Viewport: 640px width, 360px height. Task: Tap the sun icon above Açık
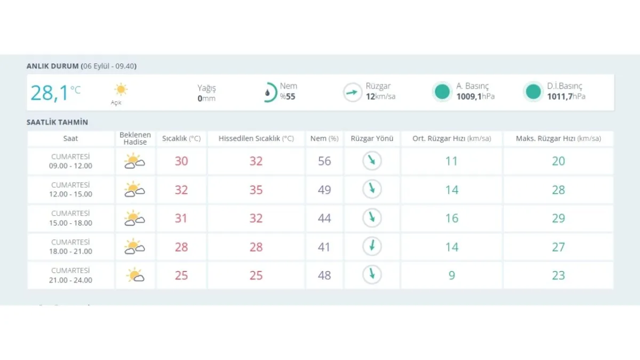[121, 89]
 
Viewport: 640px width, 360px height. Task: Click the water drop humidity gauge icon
[268, 93]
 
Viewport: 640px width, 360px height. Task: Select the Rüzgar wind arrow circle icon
[352, 92]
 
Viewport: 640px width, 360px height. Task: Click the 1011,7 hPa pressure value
[566, 97]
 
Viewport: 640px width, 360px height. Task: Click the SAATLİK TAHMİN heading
[57, 122]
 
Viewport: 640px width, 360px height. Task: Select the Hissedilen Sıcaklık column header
[256, 139]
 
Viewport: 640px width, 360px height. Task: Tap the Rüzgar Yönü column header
[372, 139]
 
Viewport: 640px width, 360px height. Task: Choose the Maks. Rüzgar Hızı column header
[558, 139]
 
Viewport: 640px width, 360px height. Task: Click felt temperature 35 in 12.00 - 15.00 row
[256, 190]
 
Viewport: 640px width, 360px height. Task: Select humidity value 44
[324, 218]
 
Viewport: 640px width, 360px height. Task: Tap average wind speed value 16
[451, 218]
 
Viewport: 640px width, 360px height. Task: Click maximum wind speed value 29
[558, 218]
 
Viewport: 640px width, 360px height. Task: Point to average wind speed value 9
[451, 275]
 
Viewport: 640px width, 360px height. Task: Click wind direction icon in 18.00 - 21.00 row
[372, 246]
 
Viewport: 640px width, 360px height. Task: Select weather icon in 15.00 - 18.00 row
[134, 218]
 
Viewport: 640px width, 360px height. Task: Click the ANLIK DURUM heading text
[52, 66]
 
